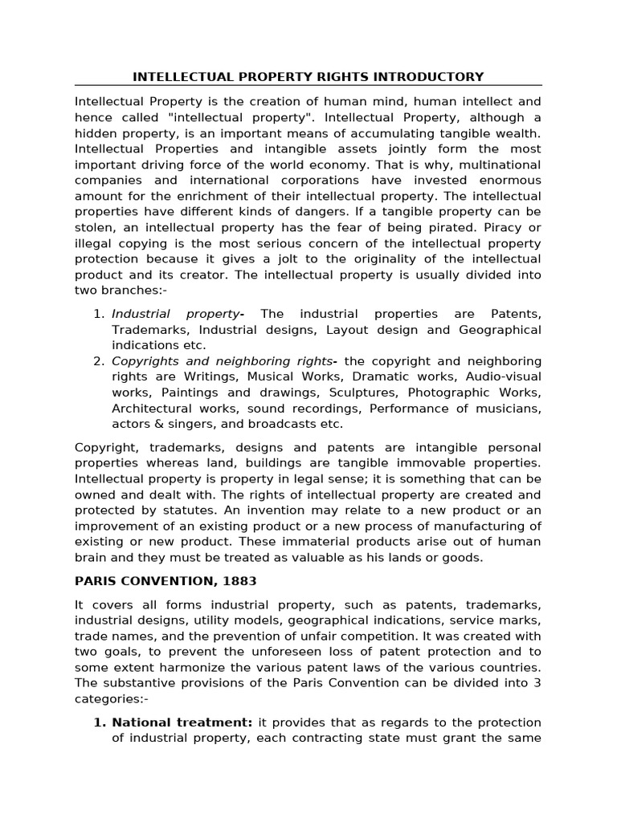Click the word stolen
tap(93, 228)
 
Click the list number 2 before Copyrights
tap(99, 361)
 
